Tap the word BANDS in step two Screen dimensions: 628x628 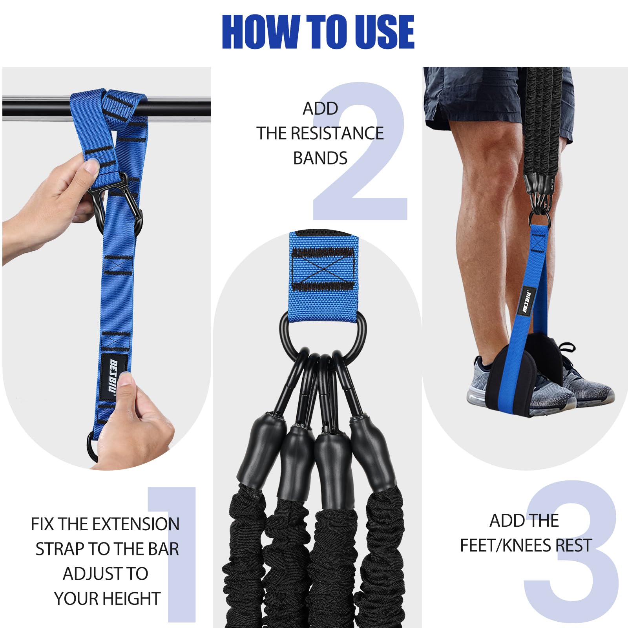[x=320, y=158]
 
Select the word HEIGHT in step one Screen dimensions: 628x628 [x=131, y=599]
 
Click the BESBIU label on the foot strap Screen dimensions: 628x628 [x=528, y=301]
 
